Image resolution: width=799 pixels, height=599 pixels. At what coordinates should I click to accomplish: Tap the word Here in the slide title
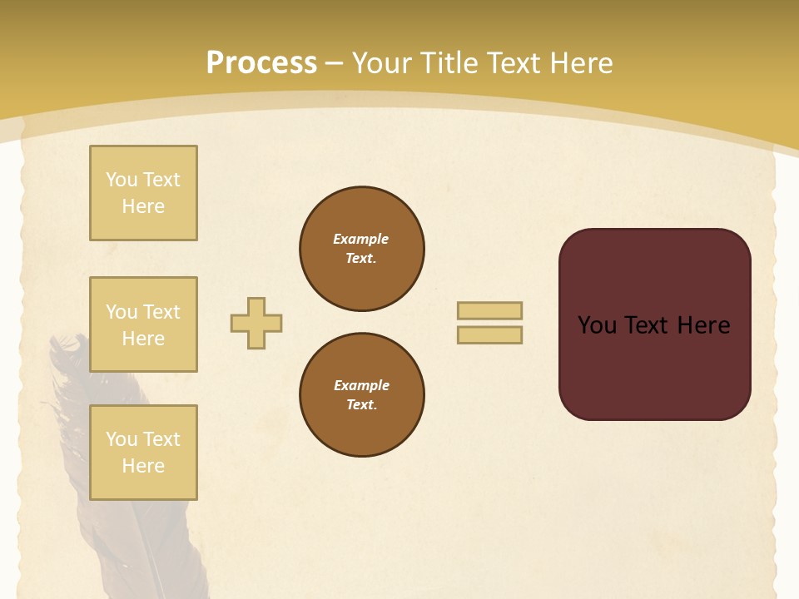tap(578, 64)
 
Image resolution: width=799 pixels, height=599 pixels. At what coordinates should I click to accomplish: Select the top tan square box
tap(143, 193)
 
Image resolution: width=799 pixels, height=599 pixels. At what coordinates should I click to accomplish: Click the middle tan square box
tap(143, 324)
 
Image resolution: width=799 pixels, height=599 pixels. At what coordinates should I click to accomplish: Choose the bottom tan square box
tap(143, 453)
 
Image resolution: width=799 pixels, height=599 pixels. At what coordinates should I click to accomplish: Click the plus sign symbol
tap(256, 323)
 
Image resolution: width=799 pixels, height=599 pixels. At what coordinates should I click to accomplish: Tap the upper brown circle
tap(361, 249)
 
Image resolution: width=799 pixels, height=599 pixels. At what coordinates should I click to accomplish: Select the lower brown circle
tap(361, 395)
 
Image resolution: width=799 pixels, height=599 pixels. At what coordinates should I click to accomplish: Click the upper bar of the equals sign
tap(489, 310)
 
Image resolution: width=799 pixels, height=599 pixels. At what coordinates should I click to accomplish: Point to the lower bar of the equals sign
tap(489, 335)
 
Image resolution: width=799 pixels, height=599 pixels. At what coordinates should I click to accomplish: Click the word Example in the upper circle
tap(360, 240)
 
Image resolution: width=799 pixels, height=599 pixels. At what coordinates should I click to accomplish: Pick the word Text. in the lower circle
tap(361, 405)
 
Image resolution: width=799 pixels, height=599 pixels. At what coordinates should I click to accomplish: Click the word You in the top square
tap(121, 180)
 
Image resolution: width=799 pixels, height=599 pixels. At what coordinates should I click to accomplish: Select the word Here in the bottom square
tap(143, 466)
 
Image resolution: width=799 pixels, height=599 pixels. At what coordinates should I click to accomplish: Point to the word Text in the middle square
tap(161, 312)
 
